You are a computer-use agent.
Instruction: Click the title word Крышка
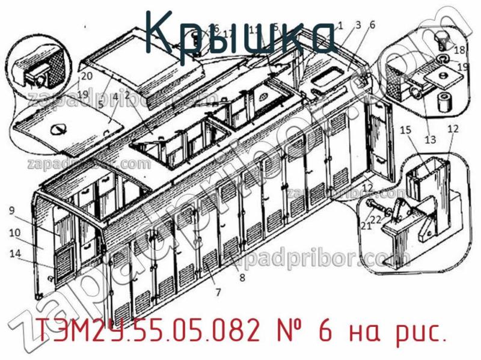(x=240, y=33)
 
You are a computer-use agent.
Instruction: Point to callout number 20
(x=87, y=76)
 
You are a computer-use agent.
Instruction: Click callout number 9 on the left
(x=12, y=210)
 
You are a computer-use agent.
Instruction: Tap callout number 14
(x=14, y=253)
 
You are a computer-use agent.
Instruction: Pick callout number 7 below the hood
(x=218, y=292)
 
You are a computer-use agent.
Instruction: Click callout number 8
(x=242, y=278)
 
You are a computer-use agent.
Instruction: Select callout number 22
(x=376, y=220)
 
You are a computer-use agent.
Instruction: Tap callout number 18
(x=459, y=50)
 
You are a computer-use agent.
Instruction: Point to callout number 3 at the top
(x=358, y=25)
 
